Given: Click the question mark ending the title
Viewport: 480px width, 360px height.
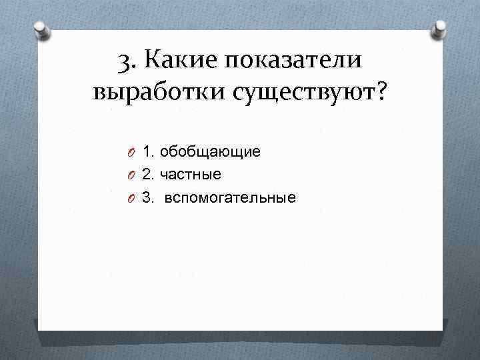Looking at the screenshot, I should (x=380, y=92).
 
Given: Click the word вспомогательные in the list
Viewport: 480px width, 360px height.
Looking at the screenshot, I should (x=230, y=198).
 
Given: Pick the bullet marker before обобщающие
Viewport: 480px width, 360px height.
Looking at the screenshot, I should (x=133, y=153).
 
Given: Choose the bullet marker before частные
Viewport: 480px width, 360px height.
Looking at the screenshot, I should (x=133, y=175).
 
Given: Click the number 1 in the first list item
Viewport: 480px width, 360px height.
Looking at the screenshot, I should (x=148, y=152).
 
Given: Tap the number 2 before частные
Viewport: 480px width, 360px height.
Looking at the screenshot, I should (x=148, y=175).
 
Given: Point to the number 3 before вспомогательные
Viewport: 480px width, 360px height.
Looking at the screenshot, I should (x=148, y=198).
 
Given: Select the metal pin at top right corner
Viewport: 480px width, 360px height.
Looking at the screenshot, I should (x=441, y=29).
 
